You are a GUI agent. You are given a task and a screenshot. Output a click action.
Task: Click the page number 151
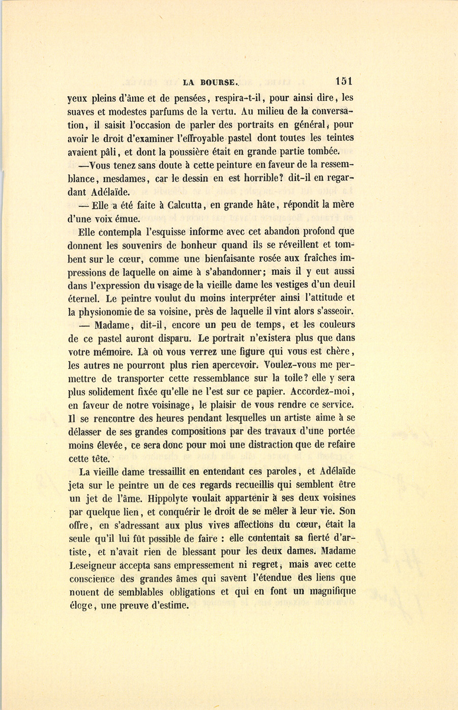tap(344, 81)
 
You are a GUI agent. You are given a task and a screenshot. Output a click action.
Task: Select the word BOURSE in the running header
tap(217, 82)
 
